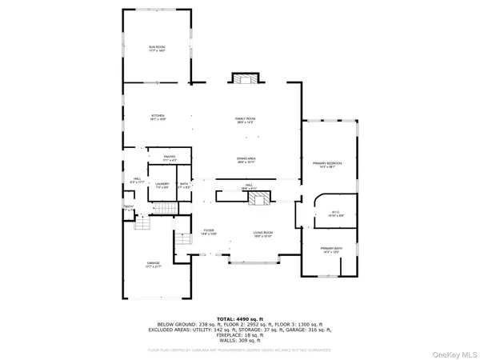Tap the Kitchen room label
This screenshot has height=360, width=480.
point(158,118)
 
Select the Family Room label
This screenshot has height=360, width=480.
point(245,120)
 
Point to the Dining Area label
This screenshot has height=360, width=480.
point(245,160)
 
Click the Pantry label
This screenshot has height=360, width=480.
point(170,158)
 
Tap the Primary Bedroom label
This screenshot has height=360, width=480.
point(330,165)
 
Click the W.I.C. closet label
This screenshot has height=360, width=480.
point(336,214)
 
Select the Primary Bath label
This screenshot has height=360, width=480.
point(331,250)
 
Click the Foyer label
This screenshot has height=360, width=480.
point(208,232)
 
